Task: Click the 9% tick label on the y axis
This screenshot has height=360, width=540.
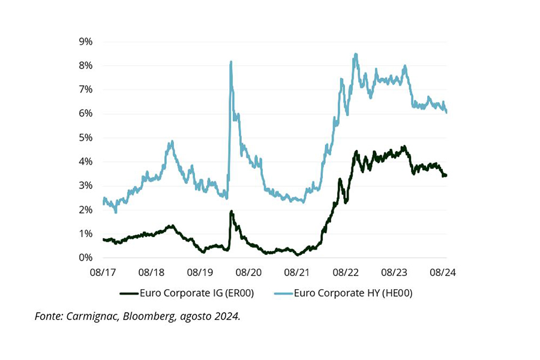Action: (x=85, y=41)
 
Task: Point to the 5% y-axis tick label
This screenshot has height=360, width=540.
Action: (x=85, y=137)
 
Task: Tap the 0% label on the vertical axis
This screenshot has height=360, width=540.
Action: (x=85, y=258)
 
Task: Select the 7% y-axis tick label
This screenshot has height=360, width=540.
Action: (x=85, y=89)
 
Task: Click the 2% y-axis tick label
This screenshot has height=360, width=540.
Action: (x=85, y=210)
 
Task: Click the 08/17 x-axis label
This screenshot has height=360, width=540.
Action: (x=103, y=272)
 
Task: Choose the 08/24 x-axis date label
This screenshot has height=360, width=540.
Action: (x=443, y=272)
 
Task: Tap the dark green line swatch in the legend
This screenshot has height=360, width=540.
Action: (x=129, y=293)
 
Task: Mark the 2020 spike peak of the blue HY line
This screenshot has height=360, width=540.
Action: (x=230, y=62)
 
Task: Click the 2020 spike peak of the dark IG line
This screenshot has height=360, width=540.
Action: (x=231, y=211)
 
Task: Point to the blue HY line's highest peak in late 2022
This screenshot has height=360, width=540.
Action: (x=356, y=54)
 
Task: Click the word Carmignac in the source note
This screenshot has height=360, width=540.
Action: (x=92, y=316)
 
